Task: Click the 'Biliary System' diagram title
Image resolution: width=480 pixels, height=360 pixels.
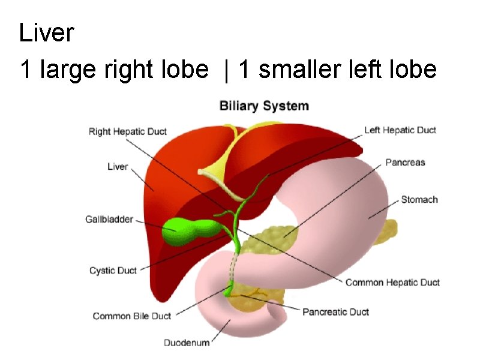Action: click(264, 106)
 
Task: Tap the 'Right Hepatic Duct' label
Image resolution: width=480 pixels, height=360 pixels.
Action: click(128, 131)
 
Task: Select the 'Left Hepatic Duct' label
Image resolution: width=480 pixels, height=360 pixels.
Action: click(400, 130)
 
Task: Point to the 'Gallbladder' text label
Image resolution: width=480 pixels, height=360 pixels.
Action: click(109, 220)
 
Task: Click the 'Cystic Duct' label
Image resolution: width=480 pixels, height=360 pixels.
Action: click(113, 271)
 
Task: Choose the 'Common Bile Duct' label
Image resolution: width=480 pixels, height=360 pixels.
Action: click(132, 316)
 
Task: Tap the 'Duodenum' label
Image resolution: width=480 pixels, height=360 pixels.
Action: click(187, 343)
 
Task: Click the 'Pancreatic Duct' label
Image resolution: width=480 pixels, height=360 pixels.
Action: click(335, 312)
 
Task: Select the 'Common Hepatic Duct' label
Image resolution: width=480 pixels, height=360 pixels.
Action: click(392, 282)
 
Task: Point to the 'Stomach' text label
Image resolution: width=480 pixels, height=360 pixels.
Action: click(419, 199)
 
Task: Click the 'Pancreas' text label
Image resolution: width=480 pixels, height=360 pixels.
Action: click(405, 162)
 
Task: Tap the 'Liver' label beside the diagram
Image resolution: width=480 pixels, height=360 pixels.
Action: click(118, 166)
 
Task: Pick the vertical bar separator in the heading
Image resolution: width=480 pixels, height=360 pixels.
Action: click(226, 70)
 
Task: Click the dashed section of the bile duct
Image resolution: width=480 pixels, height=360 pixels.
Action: click(232, 267)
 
